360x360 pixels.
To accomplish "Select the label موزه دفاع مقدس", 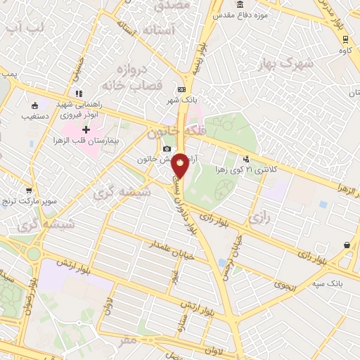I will click(235, 15).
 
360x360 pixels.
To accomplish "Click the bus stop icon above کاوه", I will click(345, 39).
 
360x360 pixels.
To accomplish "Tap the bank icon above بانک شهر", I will click(182, 89).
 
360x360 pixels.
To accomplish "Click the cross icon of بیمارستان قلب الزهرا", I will click(86, 129).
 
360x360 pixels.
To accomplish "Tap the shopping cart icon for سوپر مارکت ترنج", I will click(28, 190).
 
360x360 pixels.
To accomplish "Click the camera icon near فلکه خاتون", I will click(167, 148).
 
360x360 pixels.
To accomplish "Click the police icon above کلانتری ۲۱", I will click(245, 159).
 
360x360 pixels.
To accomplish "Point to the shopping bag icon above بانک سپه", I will click(347, 245).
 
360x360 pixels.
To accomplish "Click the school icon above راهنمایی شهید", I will click(79, 94).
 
